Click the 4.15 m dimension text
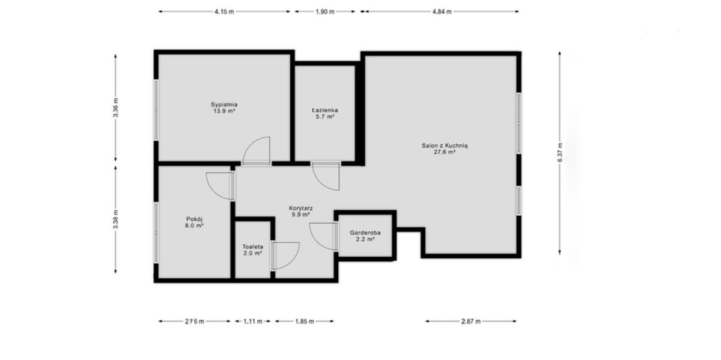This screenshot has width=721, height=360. click(224, 12)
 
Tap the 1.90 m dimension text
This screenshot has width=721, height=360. click(325, 12)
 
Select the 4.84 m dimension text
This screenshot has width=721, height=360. click(442, 12)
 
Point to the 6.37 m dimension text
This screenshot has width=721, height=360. click(560, 153)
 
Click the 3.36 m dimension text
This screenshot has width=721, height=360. click(116, 108)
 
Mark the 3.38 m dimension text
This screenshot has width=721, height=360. click(116, 219)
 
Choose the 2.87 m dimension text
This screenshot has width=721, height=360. click(471, 322)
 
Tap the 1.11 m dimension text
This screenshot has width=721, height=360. click(253, 322)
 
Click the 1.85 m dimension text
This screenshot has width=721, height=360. click(305, 322)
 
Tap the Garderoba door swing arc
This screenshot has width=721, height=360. click(315, 240)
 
